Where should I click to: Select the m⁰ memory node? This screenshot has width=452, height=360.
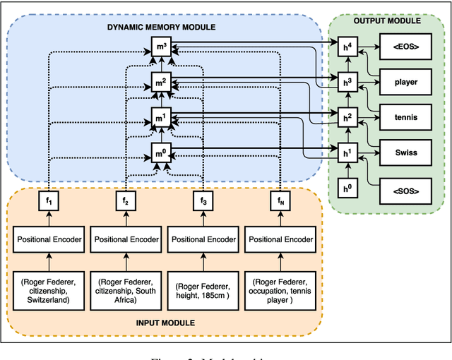[x=160, y=152]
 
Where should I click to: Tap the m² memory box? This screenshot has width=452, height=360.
[x=160, y=83]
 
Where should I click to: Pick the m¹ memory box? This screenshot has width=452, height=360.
[x=160, y=117]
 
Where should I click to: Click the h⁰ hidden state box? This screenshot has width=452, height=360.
[x=346, y=188]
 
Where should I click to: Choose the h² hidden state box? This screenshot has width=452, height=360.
[x=346, y=117]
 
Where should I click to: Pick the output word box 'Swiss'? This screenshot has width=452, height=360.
[x=406, y=152]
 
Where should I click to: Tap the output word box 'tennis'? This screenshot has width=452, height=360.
[x=406, y=117]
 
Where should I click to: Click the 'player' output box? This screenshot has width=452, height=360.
[x=406, y=82]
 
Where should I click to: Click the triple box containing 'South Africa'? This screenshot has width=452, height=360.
[x=126, y=289]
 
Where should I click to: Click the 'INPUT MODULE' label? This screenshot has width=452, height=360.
[x=165, y=323]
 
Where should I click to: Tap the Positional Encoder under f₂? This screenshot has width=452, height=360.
[x=126, y=239]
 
